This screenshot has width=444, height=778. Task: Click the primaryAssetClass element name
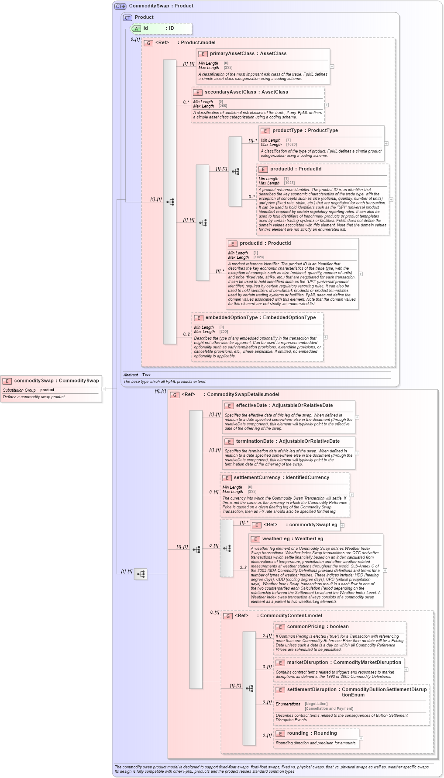click(232, 54)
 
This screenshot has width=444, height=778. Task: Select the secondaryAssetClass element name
click(230, 92)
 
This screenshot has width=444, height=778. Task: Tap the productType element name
click(287, 131)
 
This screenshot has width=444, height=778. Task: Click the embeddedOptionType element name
click(231, 318)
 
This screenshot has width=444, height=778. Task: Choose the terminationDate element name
click(255, 441)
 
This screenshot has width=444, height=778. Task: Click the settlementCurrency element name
click(257, 478)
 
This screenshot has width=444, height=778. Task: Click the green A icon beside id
click(136, 28)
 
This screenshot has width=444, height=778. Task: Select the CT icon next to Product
click(127, 17)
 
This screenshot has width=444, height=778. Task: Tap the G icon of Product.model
click(148, 43)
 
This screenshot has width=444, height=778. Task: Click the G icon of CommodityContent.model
click(228, 616)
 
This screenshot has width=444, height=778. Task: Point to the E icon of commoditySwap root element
click(7, 381)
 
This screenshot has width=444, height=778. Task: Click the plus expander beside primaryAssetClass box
click(332, 66)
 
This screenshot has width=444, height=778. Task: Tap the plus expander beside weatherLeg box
click(385, 570)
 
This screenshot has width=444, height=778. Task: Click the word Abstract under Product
click(131, 375)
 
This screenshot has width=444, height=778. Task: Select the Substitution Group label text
click(19, 390)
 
